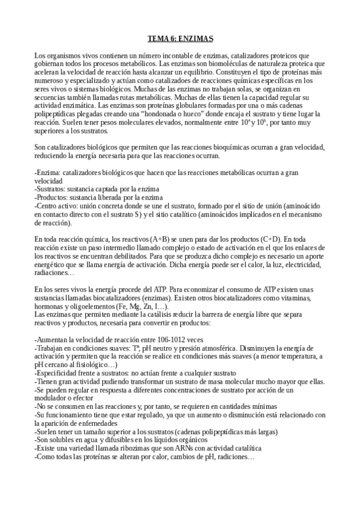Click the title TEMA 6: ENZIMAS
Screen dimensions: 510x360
point(180,39)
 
